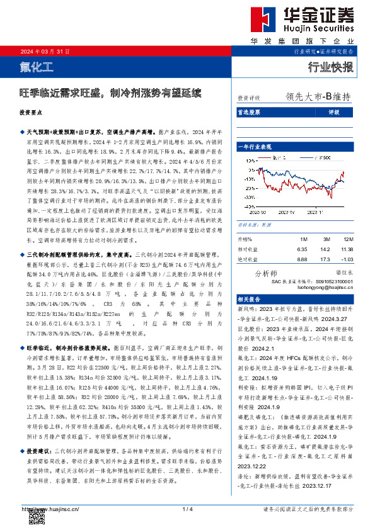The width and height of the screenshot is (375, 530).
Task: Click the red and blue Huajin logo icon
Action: tap(260, 18)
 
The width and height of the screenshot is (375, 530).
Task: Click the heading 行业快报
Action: tap(331, 66)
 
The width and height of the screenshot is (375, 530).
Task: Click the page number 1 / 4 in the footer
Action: tap(187, 508)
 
